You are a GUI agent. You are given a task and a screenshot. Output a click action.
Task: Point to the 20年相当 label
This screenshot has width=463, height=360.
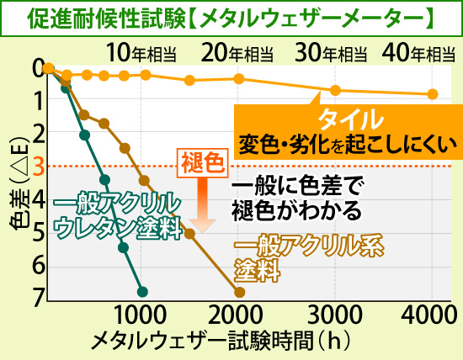tap(238, 52)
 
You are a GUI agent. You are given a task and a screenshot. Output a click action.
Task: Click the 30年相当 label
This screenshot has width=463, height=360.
tap(332, 52)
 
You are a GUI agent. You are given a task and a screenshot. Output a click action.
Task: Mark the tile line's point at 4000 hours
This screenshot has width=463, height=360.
tap(432, 94)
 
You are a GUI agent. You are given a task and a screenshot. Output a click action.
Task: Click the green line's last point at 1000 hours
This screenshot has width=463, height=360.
tap(142, 291)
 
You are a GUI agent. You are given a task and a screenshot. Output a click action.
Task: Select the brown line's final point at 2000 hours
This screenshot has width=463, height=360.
tap(239, 292)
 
